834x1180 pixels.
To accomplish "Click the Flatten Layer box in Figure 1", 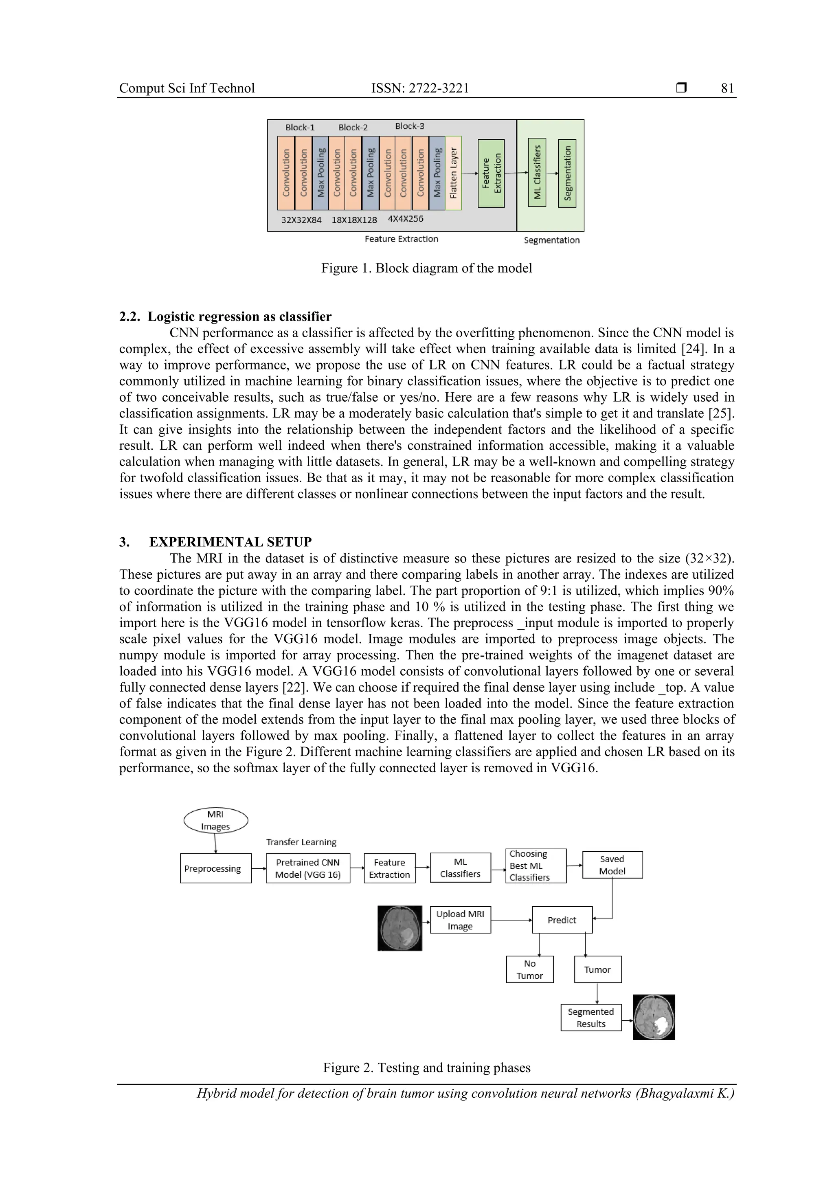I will [453, 173].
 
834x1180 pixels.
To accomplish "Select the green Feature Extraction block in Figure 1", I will [491, 173].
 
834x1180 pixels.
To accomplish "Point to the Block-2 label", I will [353, 127].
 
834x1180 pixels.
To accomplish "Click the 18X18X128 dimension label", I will [354, 220].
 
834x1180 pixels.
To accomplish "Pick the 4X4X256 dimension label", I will [406, 219].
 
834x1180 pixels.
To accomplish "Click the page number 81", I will [727, 88].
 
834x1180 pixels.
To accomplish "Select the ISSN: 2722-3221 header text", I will [420, 88].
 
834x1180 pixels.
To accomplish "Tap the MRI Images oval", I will [216, 820].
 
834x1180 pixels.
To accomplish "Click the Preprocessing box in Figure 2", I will [216, 868].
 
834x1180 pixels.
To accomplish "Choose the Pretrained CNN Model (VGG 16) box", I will [308, 868].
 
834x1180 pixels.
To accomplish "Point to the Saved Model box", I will [612, 865].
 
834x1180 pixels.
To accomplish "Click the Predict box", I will [562, 920].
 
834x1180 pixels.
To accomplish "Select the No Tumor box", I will [530, 969].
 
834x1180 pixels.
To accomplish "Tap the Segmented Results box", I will [590, 1017].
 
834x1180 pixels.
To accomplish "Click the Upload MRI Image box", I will [460, 920].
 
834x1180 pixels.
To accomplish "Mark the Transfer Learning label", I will [301, 842].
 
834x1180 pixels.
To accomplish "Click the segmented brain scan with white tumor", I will [653, 1017].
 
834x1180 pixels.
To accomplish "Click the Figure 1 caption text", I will [426, 268].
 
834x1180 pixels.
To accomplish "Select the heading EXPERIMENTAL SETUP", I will [230, 542].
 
